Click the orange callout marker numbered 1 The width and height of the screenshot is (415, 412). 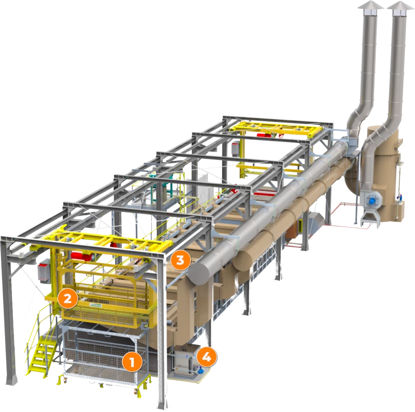[132, 361]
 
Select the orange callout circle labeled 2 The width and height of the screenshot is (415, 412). [68, 299]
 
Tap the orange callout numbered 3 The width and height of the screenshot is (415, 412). [180, 260]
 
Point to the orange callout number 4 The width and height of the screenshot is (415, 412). [207, 357]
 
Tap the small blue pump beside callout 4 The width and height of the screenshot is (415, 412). [201, 371]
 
